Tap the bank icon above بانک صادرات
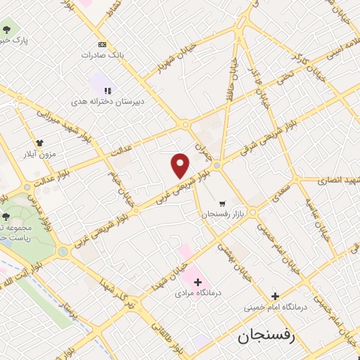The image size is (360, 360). pyautogui.click(x=103, y=44)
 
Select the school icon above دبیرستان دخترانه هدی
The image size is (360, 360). pyautogui.click(x=108, y=91)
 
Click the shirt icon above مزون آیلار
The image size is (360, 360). pyautogui.click(x=39, y=143)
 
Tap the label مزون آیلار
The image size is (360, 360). pyautogui.click(x=39, y=154)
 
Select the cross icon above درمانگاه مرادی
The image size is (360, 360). pyautogui.click(x=198, y=282)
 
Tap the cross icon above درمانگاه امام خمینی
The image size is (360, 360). pyautogui.click(x=275, y=296)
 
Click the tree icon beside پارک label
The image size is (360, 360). pyautogui.click(x=7, y=30)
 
